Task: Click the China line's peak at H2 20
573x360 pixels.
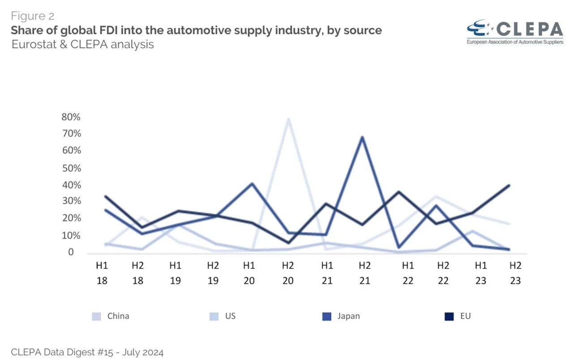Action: coord(288,119)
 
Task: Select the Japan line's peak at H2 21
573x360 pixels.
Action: coord(363,137)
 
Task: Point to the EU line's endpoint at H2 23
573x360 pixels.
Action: coord(509,185)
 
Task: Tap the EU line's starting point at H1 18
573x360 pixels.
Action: coord(105,197)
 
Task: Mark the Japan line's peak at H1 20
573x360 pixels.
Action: coord(252,184)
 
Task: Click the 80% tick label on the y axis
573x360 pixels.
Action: coord(71,117)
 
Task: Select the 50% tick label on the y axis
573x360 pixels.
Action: coord(72,168)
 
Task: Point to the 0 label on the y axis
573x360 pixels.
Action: coord(71,252)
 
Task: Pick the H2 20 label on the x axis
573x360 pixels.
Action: coord(288,273)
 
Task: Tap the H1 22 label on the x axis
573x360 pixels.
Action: coord(408,273)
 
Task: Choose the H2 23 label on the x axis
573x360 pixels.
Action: coord(515,273)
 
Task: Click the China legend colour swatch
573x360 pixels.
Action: coord(96,317)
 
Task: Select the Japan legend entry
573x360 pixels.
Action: coord(341,316)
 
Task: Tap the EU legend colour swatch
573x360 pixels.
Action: coord(449,317)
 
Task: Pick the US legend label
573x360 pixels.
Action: coord(230,316)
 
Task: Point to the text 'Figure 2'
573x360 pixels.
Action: coord(33,16)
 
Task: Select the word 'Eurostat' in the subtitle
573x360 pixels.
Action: coord(34,44)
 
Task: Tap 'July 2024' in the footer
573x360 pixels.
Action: coord(143,352)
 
